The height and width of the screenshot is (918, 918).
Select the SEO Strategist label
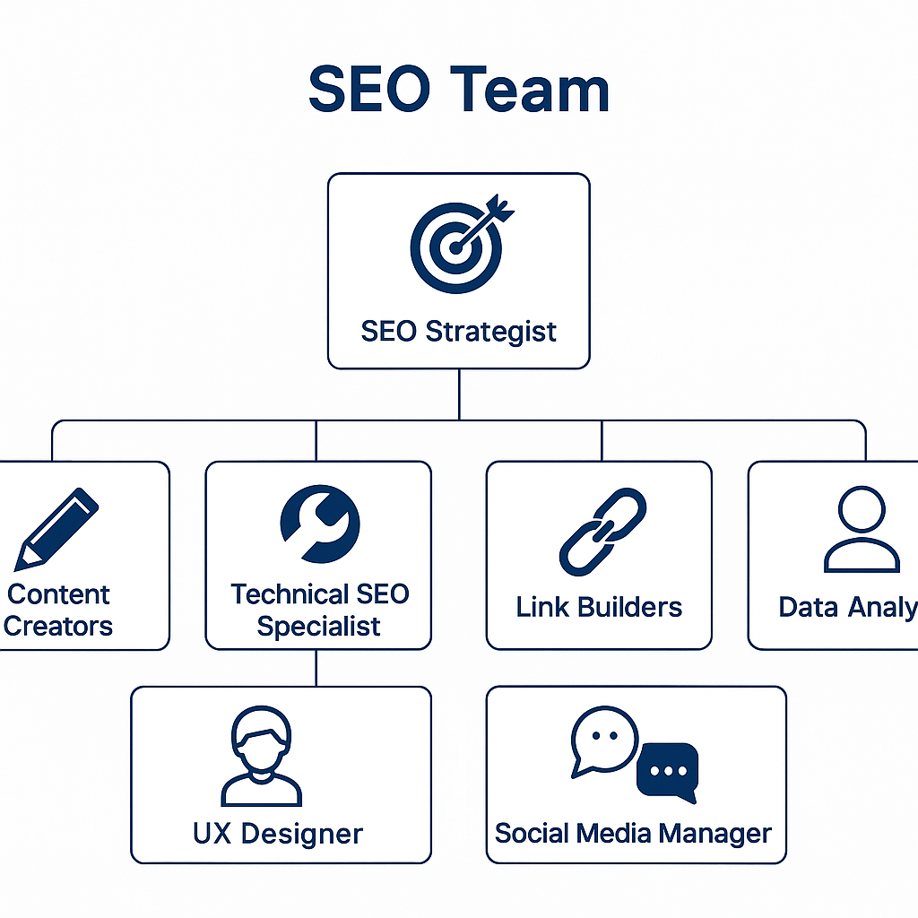coord(458,331)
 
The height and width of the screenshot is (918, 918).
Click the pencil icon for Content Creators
coord(56,529)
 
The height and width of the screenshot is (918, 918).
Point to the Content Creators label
coord(58,610)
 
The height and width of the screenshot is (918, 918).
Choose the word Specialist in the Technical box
coord(318,626)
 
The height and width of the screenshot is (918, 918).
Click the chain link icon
coord(602,531)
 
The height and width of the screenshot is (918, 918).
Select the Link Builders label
coord(599,607)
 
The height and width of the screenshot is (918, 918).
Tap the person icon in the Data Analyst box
coord(861,531)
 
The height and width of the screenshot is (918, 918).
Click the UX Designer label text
coord(278,834)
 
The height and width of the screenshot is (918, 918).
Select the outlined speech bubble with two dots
coord(603,740)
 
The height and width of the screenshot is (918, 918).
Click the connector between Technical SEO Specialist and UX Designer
coord(316,668)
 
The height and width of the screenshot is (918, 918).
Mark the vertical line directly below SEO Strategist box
coord(459,394)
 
